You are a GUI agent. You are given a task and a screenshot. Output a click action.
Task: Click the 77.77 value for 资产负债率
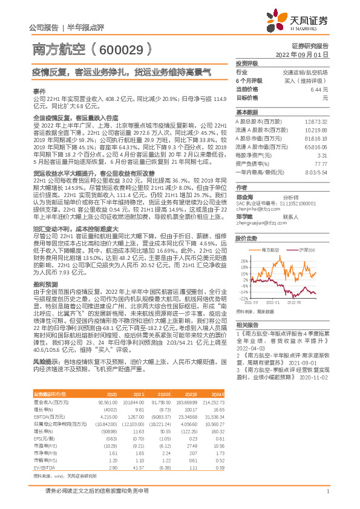pyautogui.click(x=321, y=163)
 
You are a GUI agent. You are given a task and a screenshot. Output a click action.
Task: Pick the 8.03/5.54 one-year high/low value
pyautogui.click(x=316, y=172)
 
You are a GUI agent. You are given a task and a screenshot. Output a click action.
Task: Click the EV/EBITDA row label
pyautogui.click(x=44, y=451)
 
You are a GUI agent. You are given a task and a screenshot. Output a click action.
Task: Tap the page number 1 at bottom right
pyautogui.click(x=327, y=497)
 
